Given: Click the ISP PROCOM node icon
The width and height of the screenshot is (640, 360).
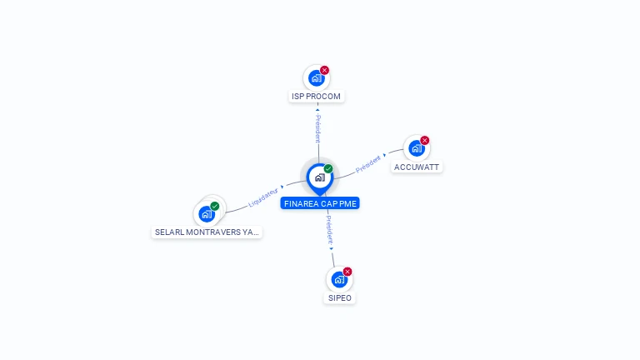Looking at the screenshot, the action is pyautogui.click(x=316, y=78).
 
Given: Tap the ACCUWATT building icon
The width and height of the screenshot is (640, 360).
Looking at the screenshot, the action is pyautogui.click(x=416, y=148).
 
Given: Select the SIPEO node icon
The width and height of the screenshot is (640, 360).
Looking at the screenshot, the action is pyautogui.click(x=338, y=280).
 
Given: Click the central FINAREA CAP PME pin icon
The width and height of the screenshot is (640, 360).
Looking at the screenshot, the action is pyautogui.click(x=319, y=177).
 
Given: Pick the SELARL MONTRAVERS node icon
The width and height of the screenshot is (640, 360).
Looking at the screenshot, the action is pyautogui.click(x=207, y=214).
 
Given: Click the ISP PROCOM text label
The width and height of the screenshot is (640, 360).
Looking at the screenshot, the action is pyautogui.click(x=317, y=97).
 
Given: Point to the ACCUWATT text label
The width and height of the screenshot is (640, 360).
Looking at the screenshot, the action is pyautogui.click(x=417, y=167).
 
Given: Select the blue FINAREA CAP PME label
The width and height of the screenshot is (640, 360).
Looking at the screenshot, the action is pyautogui.click(x=320, y=203).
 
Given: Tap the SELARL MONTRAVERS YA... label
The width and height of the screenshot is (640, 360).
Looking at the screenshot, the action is pyautogui.click(x=207, y=232).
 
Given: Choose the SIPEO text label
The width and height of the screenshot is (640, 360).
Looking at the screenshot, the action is pyautogui.click(x=339, y=297).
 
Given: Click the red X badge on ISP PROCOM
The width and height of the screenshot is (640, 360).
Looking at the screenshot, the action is pyautogui.click(x=325, y=70).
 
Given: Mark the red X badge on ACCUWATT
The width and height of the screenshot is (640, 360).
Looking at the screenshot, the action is pyautogui.click(x=425, y=140).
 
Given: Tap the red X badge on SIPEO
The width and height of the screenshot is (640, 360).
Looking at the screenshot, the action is pyautogui.click(x=347, y=272).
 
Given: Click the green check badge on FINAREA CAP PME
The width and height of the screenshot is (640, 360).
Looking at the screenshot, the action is pyautogui.click(x=328, y=168).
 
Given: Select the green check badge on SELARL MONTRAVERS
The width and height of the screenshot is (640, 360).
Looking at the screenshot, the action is pyautogui.click(x=215, y=206).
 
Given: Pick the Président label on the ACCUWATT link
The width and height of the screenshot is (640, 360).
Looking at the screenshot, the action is pyautogui.click(x=367, y=163).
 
